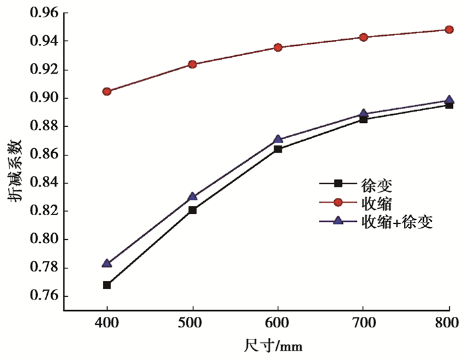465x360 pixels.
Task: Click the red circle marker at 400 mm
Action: [107, 91]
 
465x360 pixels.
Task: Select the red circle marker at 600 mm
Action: [278, 47]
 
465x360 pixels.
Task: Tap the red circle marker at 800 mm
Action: [449, 29]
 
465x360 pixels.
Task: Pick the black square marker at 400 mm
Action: [107, 285]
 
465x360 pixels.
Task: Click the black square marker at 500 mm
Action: [193, 210]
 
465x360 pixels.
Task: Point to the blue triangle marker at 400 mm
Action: [107, 263]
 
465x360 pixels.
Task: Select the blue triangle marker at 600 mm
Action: [278, 139]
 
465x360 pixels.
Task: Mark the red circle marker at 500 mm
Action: [193, 64]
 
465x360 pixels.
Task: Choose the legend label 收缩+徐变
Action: [397, 222]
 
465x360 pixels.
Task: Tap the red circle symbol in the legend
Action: [337, 202]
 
